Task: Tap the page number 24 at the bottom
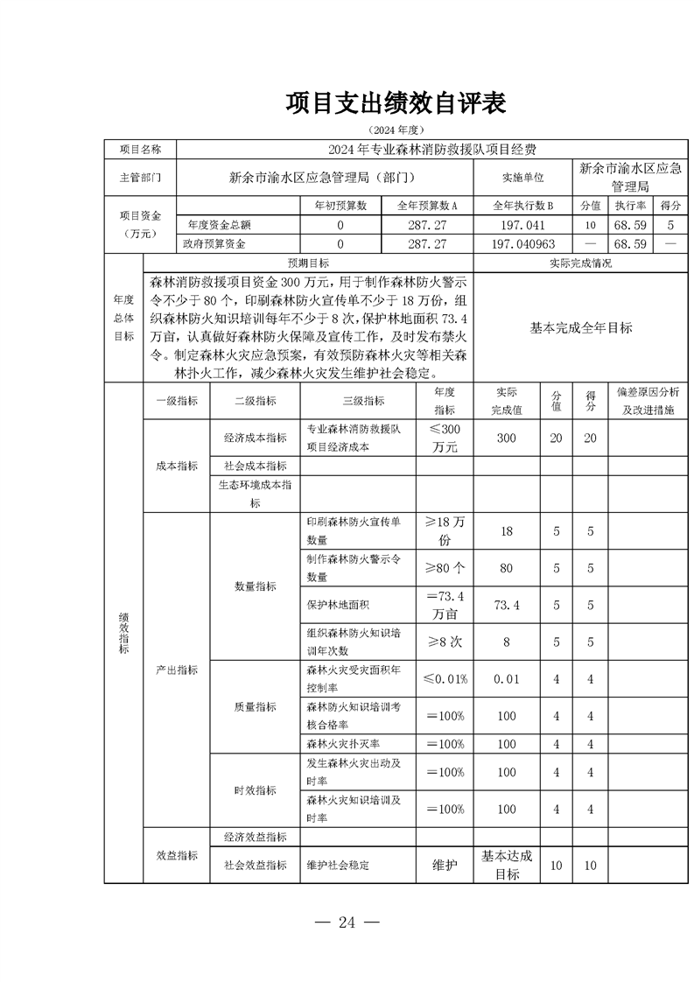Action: tap(348, 921)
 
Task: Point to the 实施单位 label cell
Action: tap(523, 177)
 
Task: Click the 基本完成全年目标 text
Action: tap(580, 327)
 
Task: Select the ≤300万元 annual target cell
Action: tap(445, 438)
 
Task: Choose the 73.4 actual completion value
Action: tap(507, 605)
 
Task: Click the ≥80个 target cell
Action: tap(445, 568)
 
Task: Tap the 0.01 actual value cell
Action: tap(507, 679)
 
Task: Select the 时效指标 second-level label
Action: tap(255, 790)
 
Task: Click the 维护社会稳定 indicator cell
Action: tap(338, 865)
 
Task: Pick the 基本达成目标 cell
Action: tap(507, 865)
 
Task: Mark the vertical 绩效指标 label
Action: tap(123, 632)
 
